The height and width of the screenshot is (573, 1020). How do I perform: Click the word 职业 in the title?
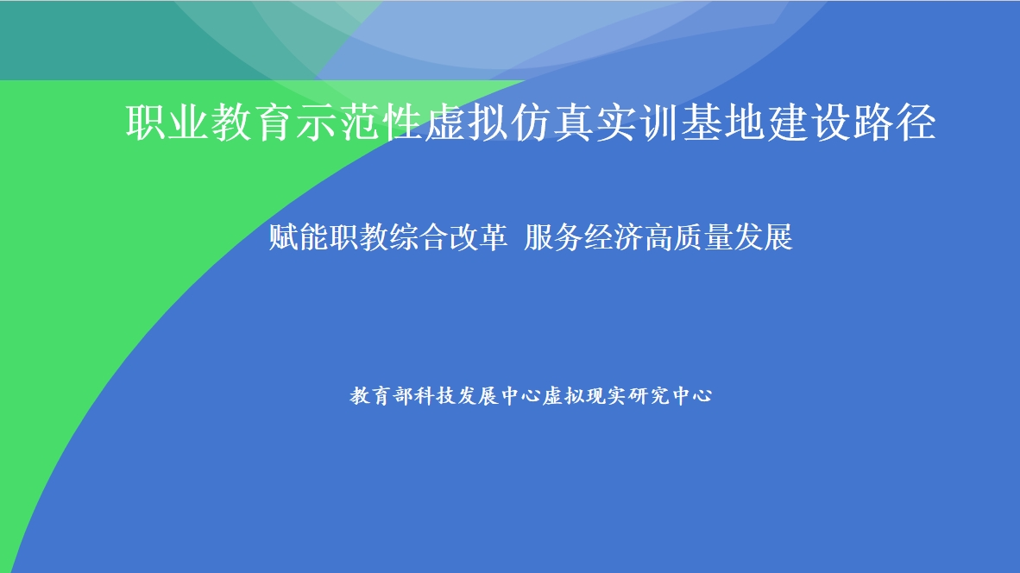167,123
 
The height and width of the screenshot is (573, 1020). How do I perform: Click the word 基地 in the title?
722,123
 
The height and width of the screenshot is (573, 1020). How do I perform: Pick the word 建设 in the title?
808,123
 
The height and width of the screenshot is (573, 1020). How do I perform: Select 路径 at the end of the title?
895,123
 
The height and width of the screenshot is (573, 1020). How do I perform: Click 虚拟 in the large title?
466,123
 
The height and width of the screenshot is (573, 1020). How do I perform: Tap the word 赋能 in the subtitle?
299,236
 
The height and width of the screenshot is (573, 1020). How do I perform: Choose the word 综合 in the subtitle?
419,236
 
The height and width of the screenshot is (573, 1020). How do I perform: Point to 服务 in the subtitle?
553,236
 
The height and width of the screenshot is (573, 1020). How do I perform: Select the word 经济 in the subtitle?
613,236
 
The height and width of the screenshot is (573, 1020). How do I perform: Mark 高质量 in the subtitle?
689,236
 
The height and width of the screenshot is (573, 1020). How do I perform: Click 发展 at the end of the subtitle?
764,236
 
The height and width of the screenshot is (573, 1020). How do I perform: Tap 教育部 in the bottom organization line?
381,395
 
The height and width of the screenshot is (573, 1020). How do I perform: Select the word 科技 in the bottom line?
435,395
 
